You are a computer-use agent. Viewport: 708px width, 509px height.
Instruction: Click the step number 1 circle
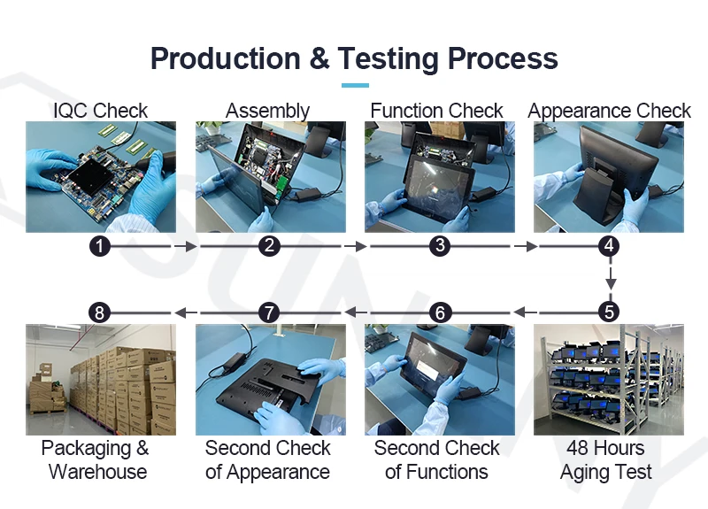(100, 247)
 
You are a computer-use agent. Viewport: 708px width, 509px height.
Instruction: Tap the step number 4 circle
(608, 247)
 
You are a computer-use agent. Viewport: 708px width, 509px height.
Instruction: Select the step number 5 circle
(608, 312)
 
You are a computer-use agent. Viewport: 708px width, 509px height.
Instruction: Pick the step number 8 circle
(100, 312)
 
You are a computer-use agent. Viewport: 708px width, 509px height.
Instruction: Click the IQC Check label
(100, 111)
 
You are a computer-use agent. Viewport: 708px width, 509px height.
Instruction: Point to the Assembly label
(267, 111)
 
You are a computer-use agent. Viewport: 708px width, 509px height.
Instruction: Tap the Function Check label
(437, 111)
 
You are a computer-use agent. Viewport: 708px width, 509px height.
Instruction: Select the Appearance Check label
(609, 111)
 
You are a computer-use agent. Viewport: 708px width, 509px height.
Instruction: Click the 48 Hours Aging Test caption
(607, 459)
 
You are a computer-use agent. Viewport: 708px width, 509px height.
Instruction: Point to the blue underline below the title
(354, 85)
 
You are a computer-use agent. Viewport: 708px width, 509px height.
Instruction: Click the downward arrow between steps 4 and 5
(609, 281)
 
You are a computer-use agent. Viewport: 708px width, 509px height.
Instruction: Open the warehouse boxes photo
(100, 379)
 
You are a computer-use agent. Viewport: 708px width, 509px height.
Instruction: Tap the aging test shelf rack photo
(608, 379)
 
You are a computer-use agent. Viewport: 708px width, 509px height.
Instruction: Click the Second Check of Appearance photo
(269, 379)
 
